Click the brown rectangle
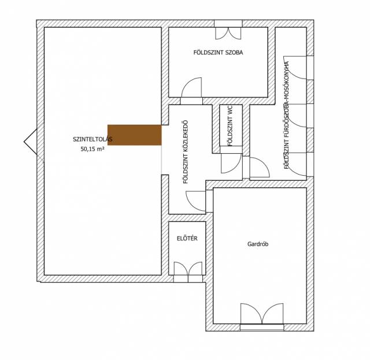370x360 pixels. point(135,135)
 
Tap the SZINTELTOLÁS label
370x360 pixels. point(92,139)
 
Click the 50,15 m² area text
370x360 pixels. point(92,149)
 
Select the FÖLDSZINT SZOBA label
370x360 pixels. point(218,53)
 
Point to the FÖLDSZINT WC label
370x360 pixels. point(230,126)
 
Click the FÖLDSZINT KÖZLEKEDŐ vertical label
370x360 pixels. point(186,152)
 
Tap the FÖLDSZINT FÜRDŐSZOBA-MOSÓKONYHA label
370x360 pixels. point(287,115)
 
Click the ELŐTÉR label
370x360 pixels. point(187,238)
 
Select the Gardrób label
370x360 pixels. point(258,244)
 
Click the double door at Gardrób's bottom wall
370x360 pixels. point(262,314)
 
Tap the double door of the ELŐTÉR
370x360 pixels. point(188,269)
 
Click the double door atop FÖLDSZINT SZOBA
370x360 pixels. point(228,34)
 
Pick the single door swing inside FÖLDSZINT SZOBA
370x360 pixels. point(191,87)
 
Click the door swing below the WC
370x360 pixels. point(231,164)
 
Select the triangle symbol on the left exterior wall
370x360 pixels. point(31,142)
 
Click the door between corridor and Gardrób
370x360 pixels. point(196,201)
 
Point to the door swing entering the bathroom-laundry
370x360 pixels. point(260,167)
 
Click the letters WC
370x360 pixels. point(230,110)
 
